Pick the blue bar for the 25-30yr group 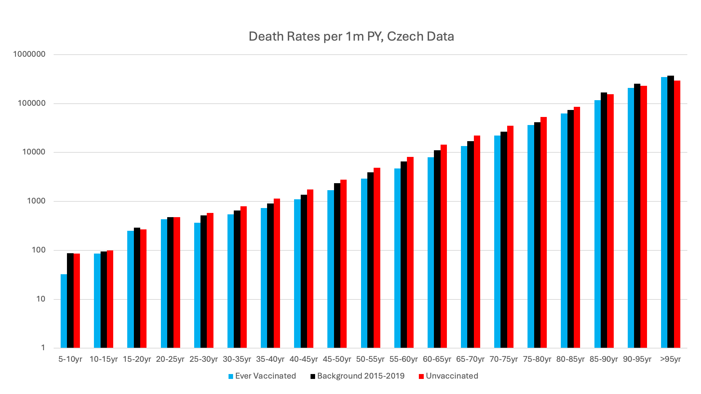click(x=197, y=285)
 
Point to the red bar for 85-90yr click(x=610, y=221)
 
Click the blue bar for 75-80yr click(x=531, y=236)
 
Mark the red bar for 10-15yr click(x=110, y=299)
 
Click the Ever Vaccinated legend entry click(x=262, y=376)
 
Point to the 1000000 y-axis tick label click(x=29, y=54)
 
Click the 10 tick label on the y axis click(x=41, y=299)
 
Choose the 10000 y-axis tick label click(x=34, y=152)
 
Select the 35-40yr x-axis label click(x=270, y=359)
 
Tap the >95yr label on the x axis click(x=671, y=359)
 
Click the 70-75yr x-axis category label click(x=504, y=359)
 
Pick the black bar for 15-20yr click(x=137, y=288)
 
